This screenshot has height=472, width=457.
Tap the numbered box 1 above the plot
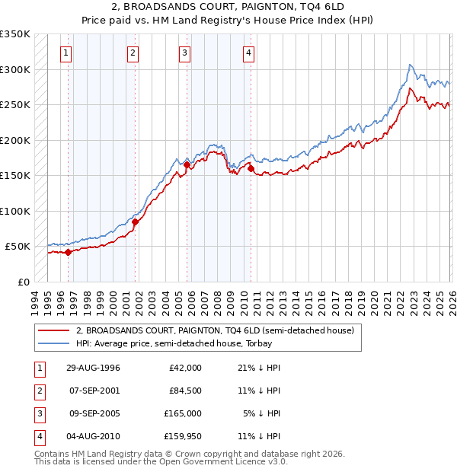[x=68, y=53]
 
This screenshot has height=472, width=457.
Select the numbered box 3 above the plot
[x=184, y=53]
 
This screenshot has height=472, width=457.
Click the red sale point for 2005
[x=187, y=164]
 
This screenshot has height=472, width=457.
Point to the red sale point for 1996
[x=68, y=252]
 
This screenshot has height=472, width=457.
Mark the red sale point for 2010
[x=251, y=168]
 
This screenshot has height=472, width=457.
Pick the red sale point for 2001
[x=135, y=222]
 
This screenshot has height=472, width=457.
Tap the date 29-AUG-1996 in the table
[x=93, y=368]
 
